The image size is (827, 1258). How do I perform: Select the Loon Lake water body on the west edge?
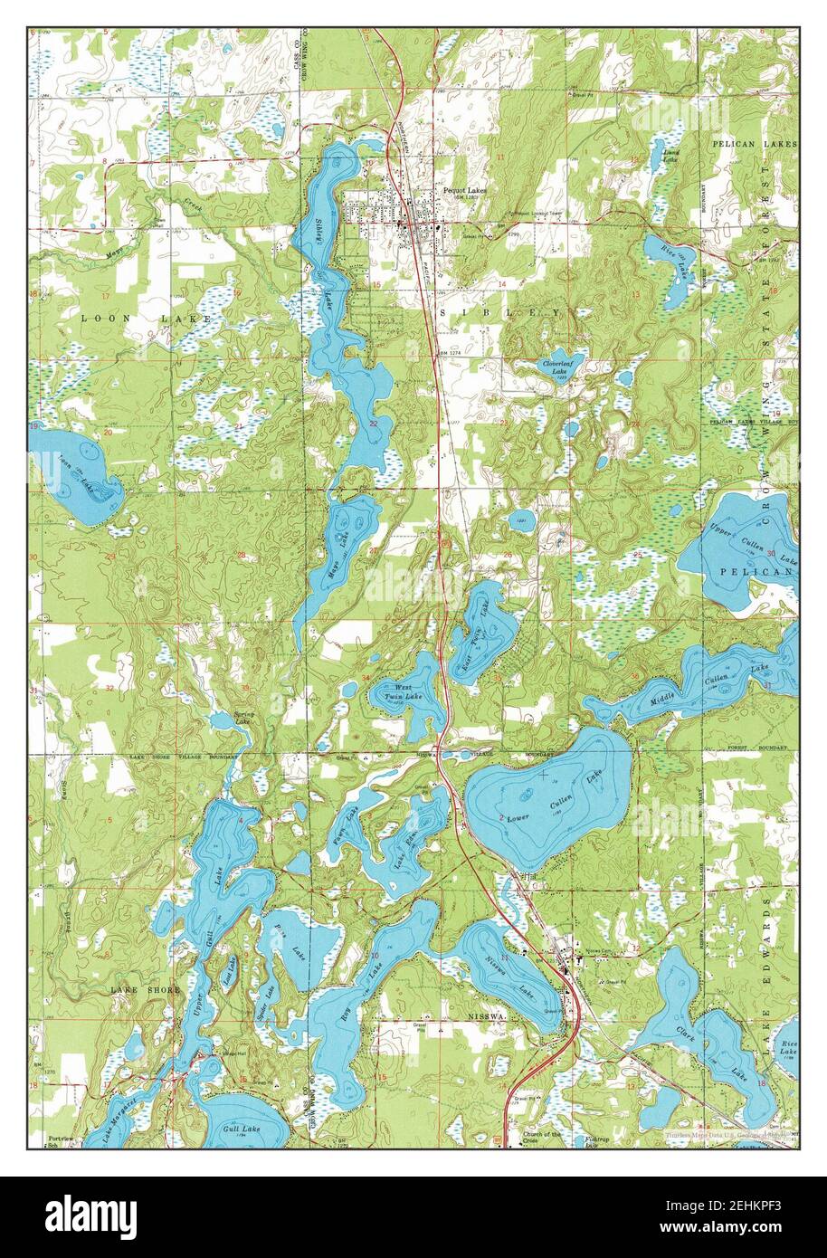coord(77,471)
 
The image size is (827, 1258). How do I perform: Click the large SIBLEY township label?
coord(508,311)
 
